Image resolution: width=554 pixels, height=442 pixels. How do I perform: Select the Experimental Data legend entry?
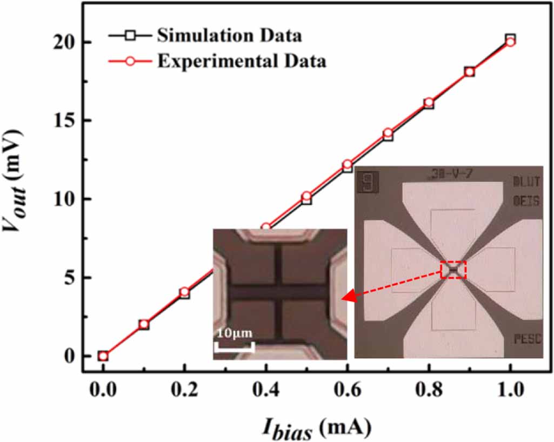242,62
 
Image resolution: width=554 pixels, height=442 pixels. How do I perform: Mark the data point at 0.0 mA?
103,356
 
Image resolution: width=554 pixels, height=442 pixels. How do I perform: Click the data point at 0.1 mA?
144,324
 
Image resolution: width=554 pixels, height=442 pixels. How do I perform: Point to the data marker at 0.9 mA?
469,72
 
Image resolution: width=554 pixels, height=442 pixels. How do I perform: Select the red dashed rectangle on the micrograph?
453,269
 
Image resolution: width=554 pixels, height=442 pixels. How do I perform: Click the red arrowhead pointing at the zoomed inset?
350,296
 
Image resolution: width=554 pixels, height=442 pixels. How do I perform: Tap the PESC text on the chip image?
525,340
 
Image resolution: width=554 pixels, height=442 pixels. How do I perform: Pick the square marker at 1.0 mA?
510,38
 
